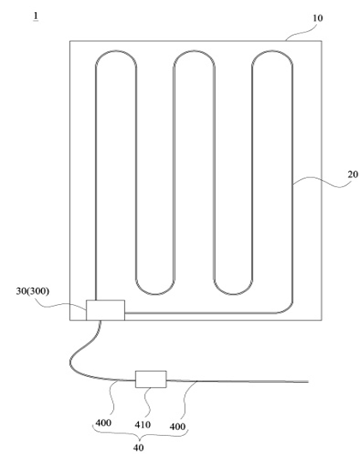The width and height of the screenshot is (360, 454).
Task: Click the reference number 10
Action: [x=317, y=18]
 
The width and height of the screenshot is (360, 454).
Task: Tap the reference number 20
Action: [x=353, y=174]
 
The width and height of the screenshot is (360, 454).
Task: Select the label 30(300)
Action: [x=33, y=291]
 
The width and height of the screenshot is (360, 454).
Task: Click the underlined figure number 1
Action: [x=36, y=16]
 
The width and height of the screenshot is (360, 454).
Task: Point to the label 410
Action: [x=142, y=425]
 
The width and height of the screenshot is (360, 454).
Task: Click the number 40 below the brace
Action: [x=139, y=447]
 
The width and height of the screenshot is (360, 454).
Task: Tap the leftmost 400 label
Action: [x=104, y=423]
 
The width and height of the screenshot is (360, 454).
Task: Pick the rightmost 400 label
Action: [x=177, y=427]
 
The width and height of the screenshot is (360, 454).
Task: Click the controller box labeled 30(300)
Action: [x=105, y=310]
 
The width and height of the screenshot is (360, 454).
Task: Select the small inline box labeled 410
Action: [x=151, y=379]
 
